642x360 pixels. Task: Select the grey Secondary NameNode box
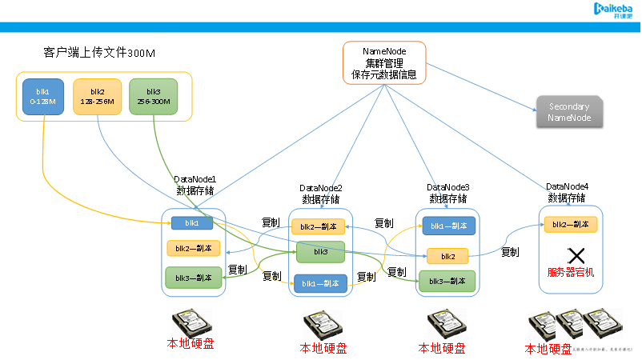(x=569, y=113)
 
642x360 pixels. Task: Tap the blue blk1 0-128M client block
(x=42, y=97)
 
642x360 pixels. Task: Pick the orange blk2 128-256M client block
(x=98, y=97)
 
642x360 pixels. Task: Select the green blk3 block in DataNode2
(x=320, y=252)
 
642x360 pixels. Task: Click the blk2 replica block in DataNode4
(x=570, y=225)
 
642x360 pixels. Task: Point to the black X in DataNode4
(x=576, y=256)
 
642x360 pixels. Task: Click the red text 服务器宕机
(x=570, y=273)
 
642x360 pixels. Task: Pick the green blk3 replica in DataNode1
(x=193, y=278)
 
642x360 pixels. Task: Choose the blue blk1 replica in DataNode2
(x=320, y=282)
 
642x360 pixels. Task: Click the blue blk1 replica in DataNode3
(x=448, y=226)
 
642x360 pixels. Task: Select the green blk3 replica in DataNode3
(x=447, y=282)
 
